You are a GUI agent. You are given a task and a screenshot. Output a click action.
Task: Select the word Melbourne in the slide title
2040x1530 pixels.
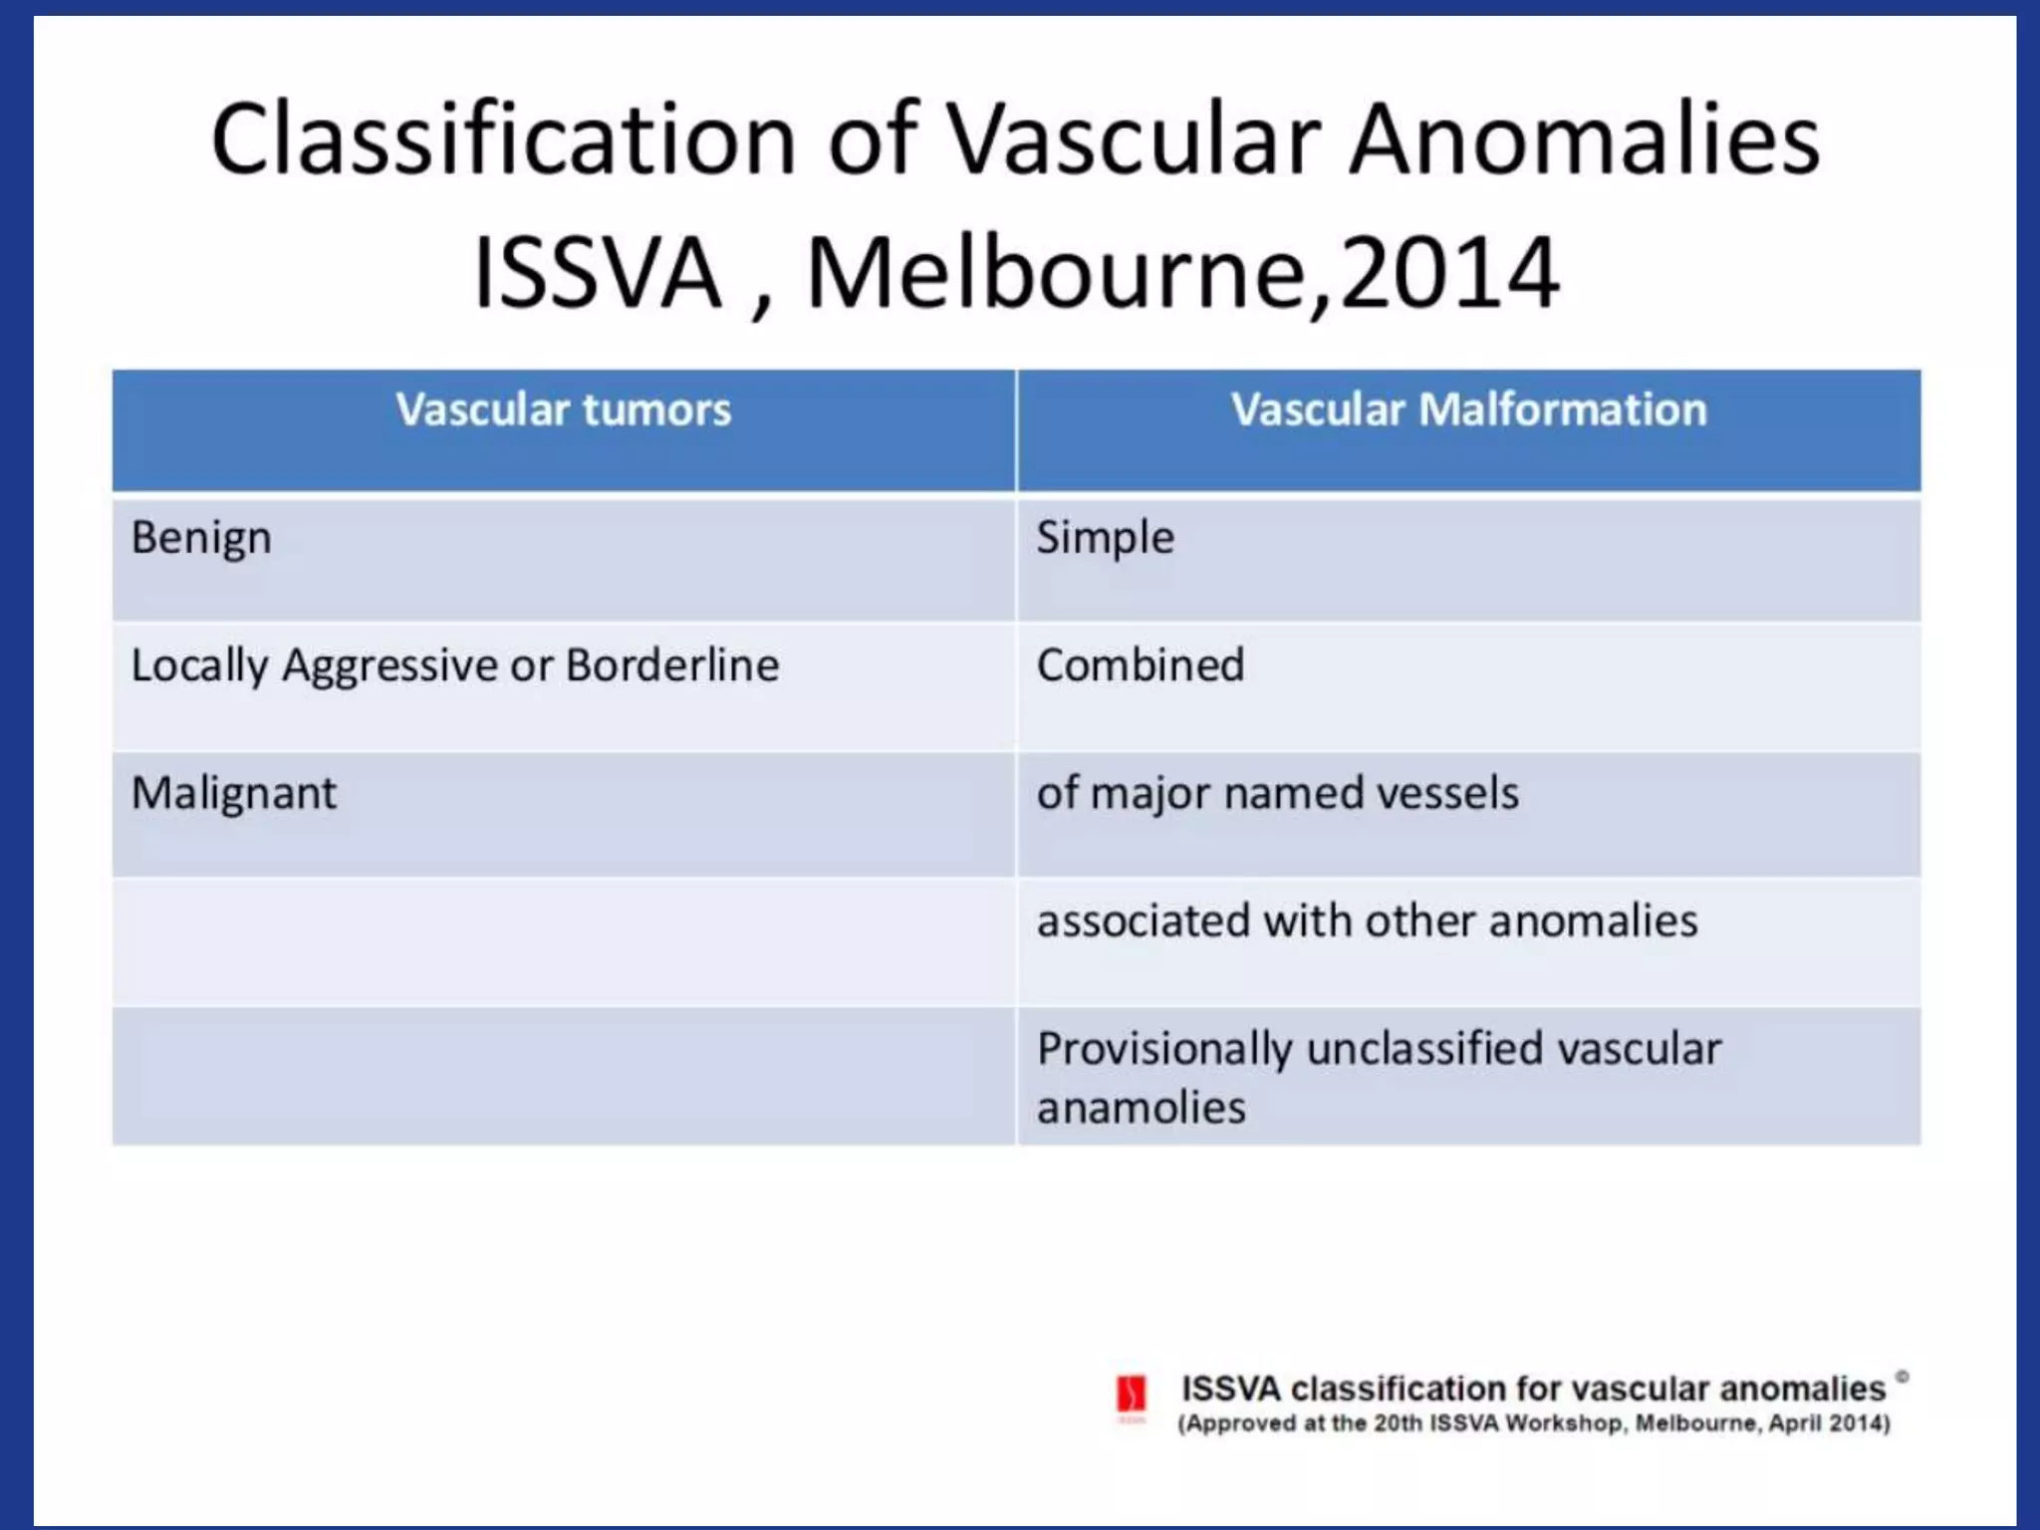[x=1056, y=273]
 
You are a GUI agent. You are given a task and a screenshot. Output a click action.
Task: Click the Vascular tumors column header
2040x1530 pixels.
[x=563, y=410]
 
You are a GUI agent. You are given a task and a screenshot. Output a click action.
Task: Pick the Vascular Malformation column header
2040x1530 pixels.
[x=1468, y=410]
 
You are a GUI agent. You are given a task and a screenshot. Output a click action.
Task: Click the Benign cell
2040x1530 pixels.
[x=201, y=538]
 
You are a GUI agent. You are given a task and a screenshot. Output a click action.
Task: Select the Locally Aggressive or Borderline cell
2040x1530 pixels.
[x=454, y=665]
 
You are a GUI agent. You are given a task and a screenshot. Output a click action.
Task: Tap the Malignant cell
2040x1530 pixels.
[x=234, y=793]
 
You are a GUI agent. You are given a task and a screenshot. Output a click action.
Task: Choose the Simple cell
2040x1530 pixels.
[x=1105, y=538]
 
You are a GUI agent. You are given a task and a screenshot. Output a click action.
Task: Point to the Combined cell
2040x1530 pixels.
[x=1141, y=665]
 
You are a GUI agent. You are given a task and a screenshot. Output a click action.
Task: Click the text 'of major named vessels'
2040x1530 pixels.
[x=1277, y=793]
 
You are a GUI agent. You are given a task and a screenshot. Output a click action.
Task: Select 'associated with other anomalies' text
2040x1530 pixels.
[x=1367, y=920]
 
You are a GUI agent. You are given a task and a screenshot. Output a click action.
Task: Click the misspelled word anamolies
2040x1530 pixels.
[x=1141, y=1108]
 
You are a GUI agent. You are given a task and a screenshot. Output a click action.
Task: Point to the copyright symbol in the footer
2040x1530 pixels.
[x=1902, y=1377]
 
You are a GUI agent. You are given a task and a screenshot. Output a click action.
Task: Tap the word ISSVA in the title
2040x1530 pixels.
[x=597, y=273]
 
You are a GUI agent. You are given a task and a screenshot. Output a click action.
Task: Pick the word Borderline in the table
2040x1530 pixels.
[x=672, y=665]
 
